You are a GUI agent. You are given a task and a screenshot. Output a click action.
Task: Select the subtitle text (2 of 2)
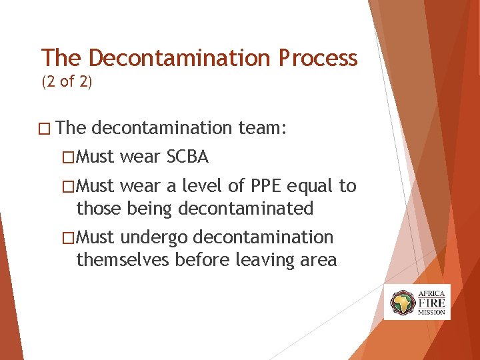[67, 83]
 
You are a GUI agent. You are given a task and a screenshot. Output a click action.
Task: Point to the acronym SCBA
[187, 157]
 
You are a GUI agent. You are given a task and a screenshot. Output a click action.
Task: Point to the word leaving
[263, 260]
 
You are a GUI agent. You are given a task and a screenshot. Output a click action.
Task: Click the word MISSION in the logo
[431, 311]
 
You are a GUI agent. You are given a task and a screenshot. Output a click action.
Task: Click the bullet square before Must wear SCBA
[68, 157]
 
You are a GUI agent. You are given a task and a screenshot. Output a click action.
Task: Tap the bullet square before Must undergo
[68, 238]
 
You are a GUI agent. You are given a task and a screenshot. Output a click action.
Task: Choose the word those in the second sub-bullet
[98, 209]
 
